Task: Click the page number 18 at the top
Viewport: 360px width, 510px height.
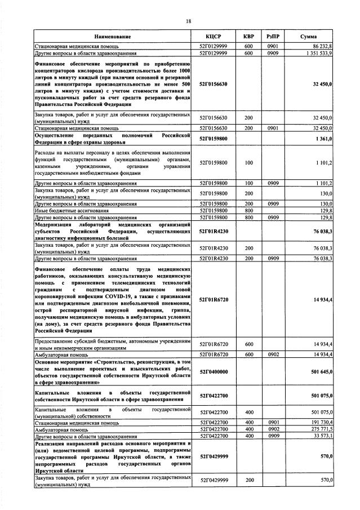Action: click(x=189, y=21)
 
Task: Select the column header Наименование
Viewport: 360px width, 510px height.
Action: click(x=113, y=37)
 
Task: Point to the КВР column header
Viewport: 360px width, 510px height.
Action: click(x=248, y=37)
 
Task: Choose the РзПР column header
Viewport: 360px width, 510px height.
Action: click(x=273, y=37)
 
